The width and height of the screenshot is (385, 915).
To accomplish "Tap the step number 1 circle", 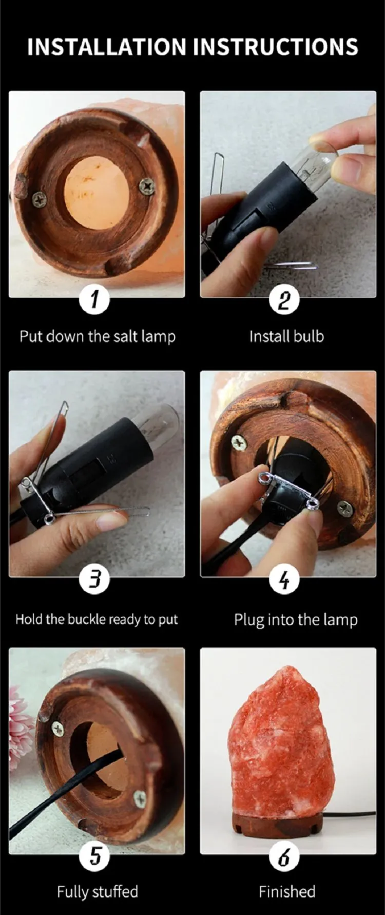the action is tap(94, 298).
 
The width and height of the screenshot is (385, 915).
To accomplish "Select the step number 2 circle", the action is tap(284, 298).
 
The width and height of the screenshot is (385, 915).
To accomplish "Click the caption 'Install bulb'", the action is tap(286, 337).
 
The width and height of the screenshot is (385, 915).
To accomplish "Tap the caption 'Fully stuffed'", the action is tap(98, 892).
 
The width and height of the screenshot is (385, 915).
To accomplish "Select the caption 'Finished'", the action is tap(287, 891).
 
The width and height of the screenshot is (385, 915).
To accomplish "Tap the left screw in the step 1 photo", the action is tap(39, 199).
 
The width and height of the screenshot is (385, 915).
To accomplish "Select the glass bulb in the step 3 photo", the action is tap(161, 422).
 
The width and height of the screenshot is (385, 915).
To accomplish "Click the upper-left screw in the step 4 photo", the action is tap(238, 442).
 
